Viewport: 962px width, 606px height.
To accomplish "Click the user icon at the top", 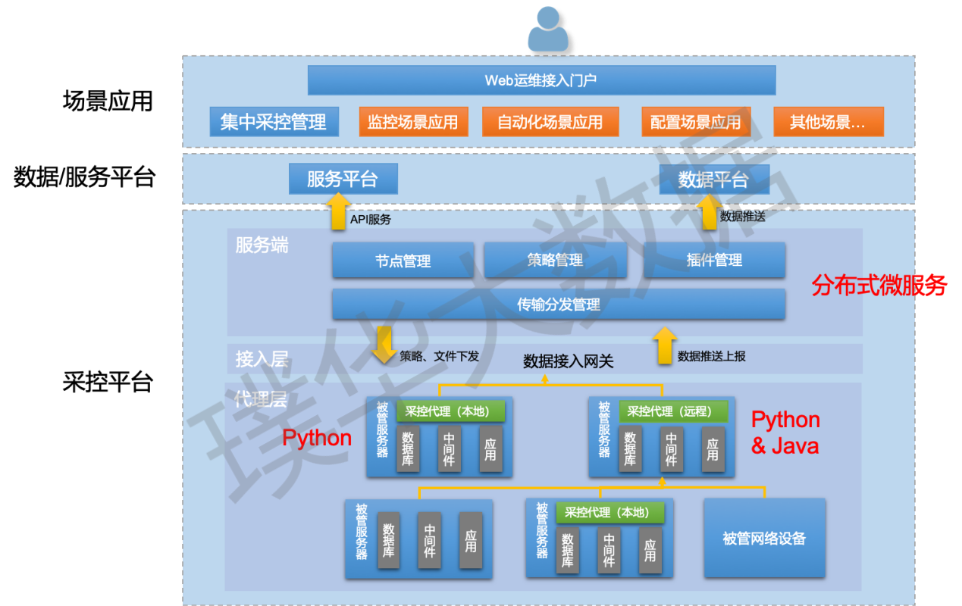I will click(547, 30).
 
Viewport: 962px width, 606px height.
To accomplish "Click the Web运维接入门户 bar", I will click(541, 80).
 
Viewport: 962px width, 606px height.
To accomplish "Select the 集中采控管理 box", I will click(273, 122).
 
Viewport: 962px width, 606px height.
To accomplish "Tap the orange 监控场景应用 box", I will click(413, 122).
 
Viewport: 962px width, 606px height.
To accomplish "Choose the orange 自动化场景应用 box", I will click(550, 122).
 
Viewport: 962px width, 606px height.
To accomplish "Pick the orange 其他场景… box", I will click(828, 122).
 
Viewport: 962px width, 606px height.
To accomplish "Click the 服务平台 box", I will click(343, 180).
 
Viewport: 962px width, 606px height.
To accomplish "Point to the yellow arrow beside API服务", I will click(337, 212).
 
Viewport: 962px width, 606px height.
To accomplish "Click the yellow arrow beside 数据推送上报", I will click(664, 346).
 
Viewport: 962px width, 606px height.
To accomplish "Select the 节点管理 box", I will click(403, 261).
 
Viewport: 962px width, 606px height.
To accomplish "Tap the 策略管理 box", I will click(555, 261).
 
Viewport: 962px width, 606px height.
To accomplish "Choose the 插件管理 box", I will click(714, 261).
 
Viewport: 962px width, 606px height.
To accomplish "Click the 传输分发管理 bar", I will click(558, 305).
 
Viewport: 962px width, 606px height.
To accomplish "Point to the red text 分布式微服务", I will click(879, 286).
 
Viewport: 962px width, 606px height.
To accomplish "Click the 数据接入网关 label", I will click(568, 362).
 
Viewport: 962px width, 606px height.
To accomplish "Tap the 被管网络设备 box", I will click(764, 539).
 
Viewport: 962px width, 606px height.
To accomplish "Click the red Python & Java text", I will click(785, 433).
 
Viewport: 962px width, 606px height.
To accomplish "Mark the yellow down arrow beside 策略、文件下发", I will click(384, 345).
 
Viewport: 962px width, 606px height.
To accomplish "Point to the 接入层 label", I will click(262, 359).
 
